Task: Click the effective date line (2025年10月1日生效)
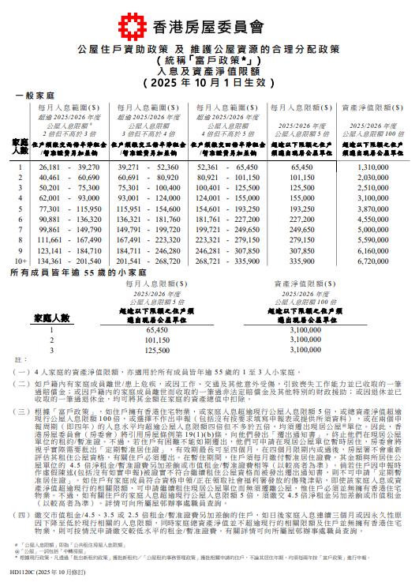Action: point(207,81)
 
